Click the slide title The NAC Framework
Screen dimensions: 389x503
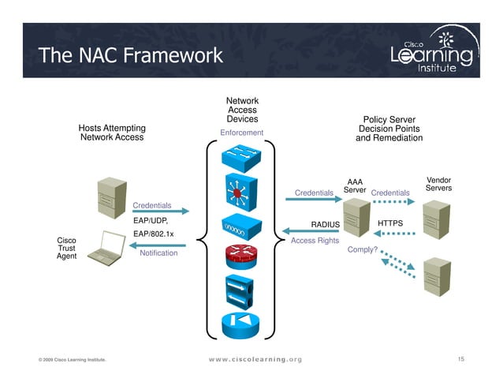point(130,55)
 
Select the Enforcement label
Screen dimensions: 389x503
point(241,133)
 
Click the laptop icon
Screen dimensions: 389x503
point(105,248)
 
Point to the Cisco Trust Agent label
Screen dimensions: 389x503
point(66,249)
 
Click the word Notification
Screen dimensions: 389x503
point(158,253)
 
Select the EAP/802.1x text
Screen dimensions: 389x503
point(154,234)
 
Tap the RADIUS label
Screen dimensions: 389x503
point(325,225)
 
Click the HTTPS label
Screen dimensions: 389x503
point(390,223)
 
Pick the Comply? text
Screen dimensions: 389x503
point(363,250)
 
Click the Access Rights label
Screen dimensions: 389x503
point(315,241)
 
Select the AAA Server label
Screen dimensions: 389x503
point(355,186)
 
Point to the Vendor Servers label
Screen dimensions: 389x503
point(438,184)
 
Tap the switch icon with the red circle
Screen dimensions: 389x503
point(238,192)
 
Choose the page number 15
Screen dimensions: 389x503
point(461,360)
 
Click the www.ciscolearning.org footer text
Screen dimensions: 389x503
point(255,360)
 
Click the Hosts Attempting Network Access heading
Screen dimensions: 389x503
point(111,133)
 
